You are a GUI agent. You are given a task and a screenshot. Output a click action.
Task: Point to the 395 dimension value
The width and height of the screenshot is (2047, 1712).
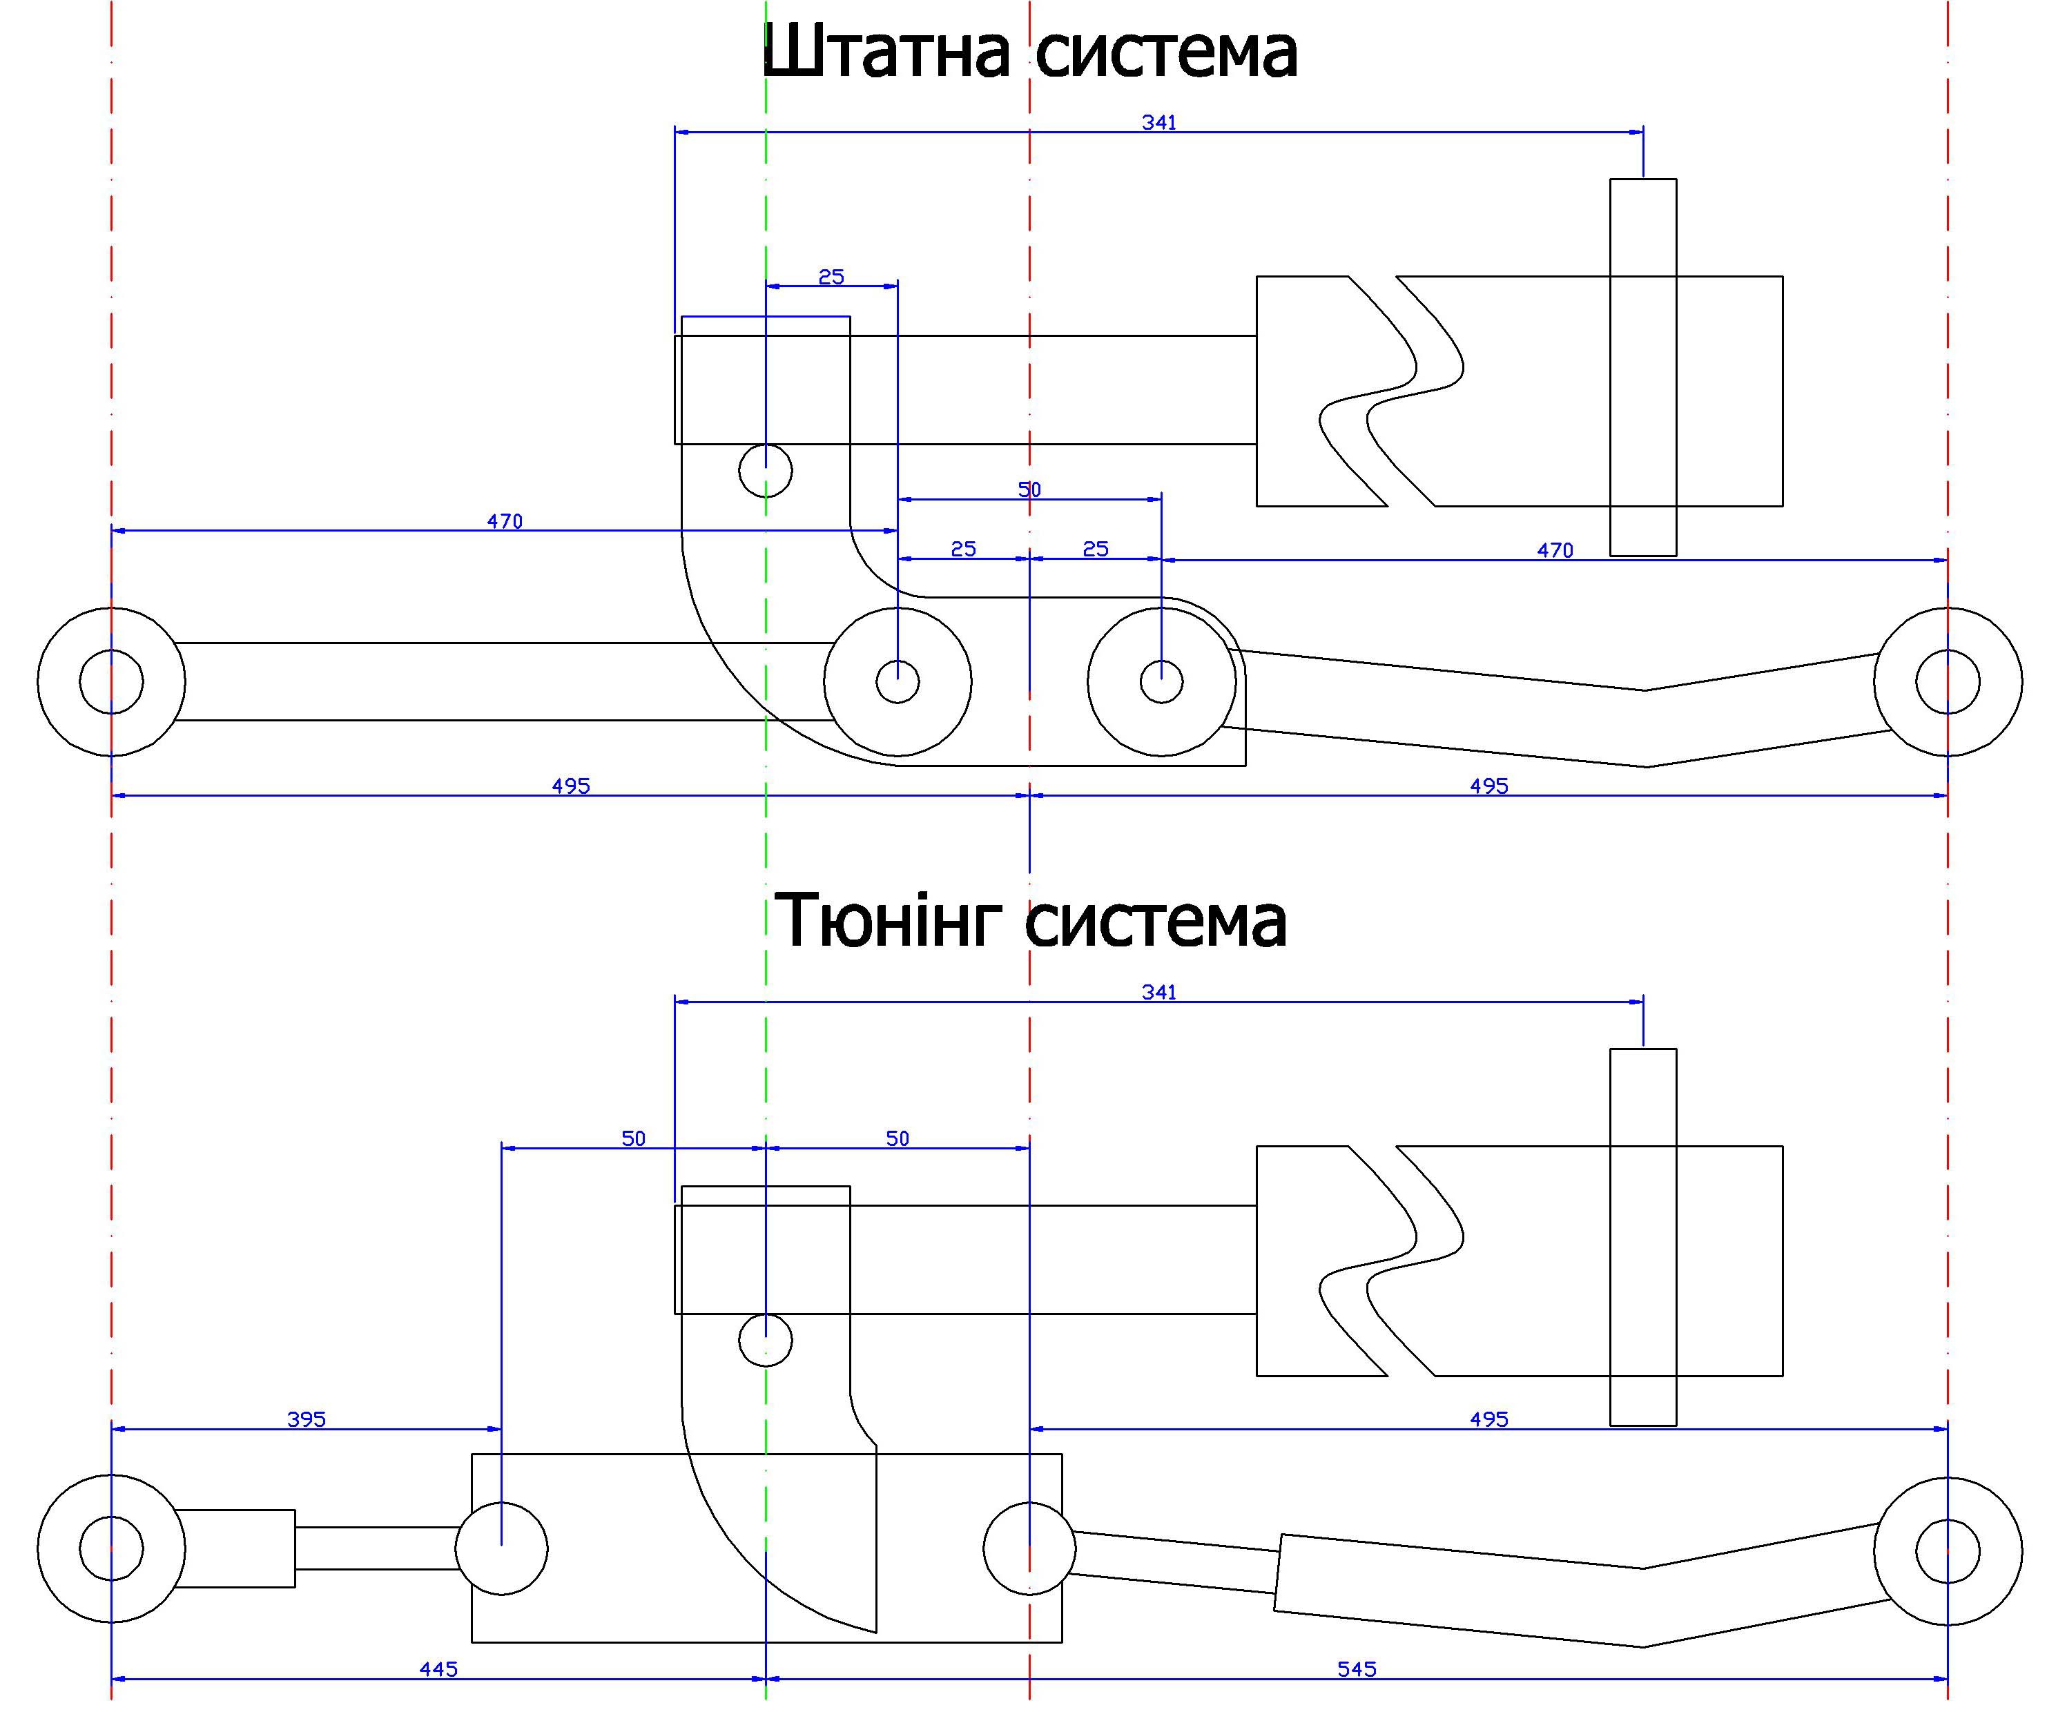[x=306, y=1419]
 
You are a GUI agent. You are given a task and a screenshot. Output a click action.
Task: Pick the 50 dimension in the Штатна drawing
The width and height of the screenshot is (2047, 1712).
[x=1029, y=489]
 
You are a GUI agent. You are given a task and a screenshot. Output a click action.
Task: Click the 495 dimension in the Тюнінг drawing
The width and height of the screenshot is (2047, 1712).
[x=1488, y=1419]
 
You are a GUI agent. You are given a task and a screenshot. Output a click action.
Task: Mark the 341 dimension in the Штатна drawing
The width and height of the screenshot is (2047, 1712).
[x=1159, y=122]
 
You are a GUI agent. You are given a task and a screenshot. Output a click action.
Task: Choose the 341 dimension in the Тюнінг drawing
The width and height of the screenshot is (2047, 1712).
[x=1159, y=991]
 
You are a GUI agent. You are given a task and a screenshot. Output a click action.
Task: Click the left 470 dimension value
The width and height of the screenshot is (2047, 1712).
[x=505, y=522]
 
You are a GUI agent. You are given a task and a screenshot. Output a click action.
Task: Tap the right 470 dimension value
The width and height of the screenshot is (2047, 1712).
[x=1555, y=551]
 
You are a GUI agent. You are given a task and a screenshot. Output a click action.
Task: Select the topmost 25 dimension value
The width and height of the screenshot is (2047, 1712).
[x=831, y=277]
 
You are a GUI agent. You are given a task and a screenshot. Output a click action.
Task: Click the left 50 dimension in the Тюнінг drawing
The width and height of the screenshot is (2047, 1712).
[x=634, y=1139]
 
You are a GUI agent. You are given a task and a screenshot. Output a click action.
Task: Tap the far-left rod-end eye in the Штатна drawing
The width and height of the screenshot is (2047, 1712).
[x=111, y=681]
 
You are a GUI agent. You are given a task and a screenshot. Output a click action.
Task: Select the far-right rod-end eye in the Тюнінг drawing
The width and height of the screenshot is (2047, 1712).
[x=1948, y=1551]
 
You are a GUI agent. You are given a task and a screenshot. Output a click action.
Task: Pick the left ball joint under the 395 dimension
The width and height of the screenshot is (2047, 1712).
[x=502, y=1548]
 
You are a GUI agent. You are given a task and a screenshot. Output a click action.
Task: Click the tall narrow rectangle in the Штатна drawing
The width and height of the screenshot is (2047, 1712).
[x=1643, y=367]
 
